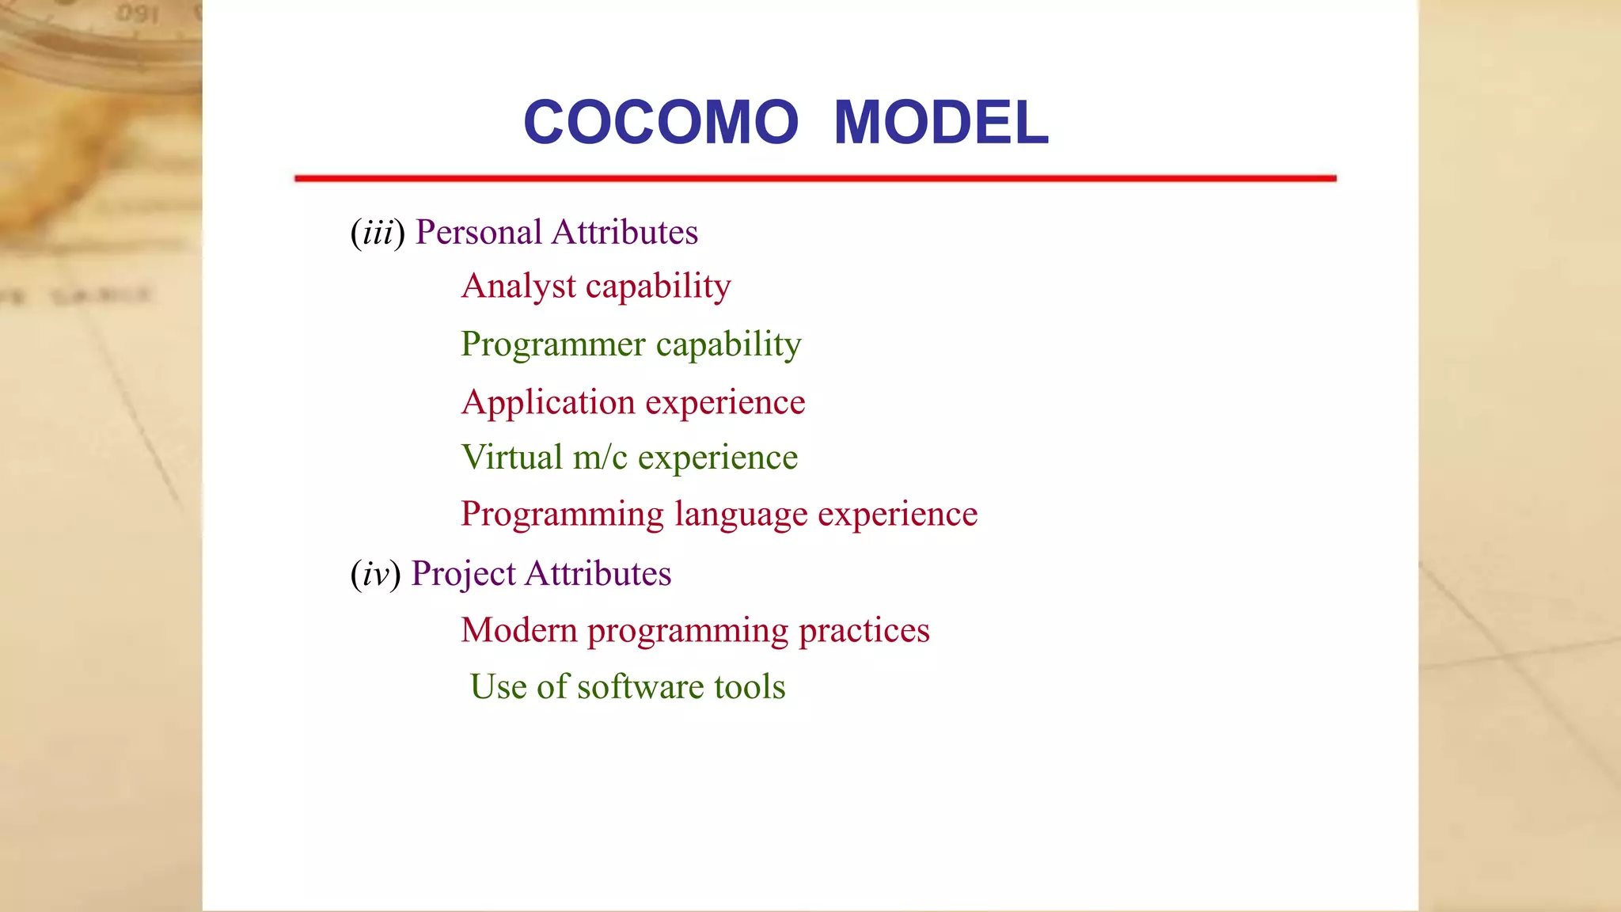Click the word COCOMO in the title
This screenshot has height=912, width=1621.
point(661,123)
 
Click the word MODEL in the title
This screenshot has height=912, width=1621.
point(940,123)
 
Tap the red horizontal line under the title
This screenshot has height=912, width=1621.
point(815,178)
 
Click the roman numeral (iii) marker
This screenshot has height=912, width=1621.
point(378,233)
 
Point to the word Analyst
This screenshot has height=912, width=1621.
point(518,287)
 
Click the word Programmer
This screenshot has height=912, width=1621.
point(553,345)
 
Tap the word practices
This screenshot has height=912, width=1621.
point(864,631)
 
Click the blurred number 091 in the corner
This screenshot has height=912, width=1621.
point(138,14)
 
